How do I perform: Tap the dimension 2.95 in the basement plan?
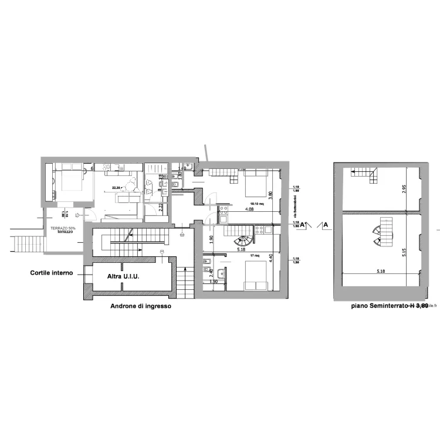tap(404, 189)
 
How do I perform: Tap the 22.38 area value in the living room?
tap(117, 188)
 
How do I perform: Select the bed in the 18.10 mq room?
tap(255, 185)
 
